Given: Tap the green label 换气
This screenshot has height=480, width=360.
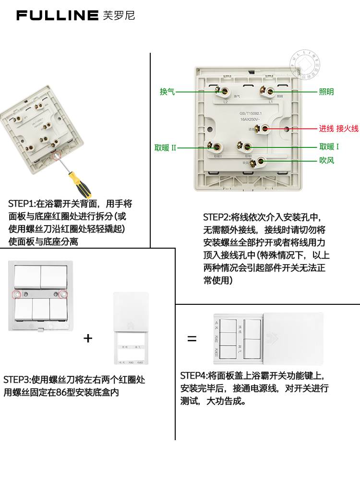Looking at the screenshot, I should coord(167,92).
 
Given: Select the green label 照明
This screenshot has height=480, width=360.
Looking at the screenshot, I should coord(326,92).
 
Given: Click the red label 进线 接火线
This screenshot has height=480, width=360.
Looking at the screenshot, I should coord(339,128).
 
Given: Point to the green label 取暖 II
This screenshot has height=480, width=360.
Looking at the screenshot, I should coord(166,148).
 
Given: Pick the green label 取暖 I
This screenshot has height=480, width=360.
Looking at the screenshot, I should coord(329,147).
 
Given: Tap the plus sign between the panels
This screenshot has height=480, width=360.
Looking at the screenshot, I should coord(88,338).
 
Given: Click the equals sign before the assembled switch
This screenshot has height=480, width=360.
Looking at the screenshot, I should coord(192,339).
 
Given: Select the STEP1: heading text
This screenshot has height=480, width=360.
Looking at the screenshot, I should coord(22,204).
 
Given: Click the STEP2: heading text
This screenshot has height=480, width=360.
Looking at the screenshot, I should coord(216,217).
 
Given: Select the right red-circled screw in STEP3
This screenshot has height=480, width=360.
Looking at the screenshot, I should coord(63,293).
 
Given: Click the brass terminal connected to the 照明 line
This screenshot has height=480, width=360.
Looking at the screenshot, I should coord(271,91).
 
